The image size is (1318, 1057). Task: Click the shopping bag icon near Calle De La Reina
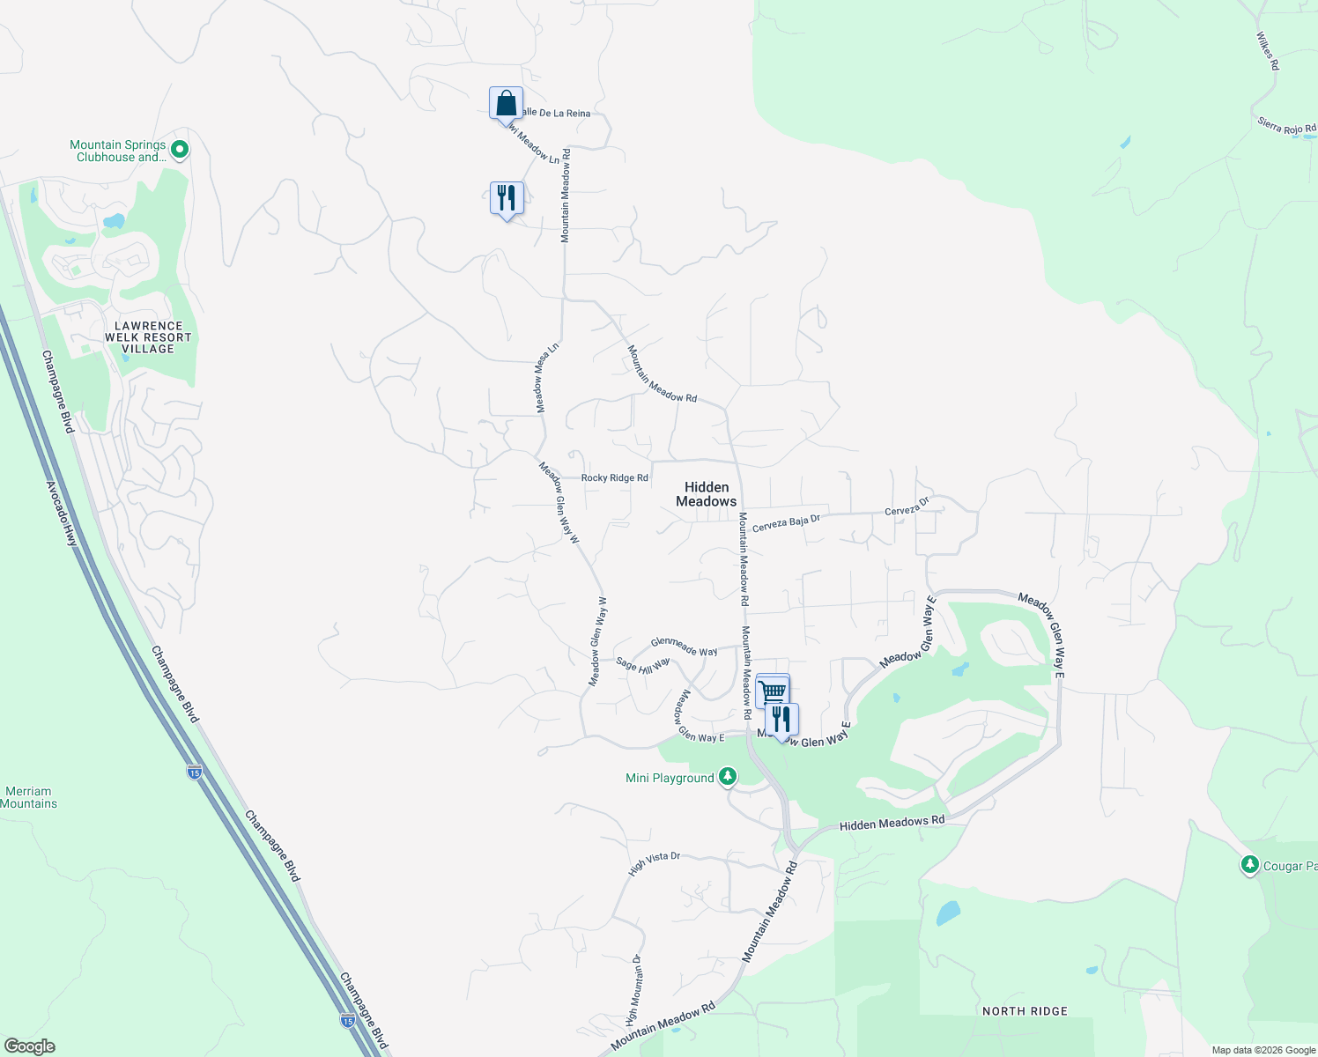[x=506, y=103]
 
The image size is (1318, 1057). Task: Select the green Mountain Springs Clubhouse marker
[x=180, y=150]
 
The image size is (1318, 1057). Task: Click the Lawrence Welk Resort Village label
[x=148, y=337]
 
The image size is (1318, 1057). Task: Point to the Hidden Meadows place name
[x=707, y=494]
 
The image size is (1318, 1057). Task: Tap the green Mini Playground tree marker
[x=727, y=776]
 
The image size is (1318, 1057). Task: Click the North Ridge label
[x=1025, y=1011]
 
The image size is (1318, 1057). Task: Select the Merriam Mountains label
[x=28, y=797]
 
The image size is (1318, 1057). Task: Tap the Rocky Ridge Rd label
[x=615, y=477]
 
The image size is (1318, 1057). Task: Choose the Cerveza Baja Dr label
[x=786, y=523]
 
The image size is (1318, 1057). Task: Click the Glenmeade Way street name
[x=684, y=647]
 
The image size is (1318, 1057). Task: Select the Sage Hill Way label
[x=643, y=665]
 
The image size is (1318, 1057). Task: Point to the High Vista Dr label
[x=655, y=862]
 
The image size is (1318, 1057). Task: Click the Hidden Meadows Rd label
[x=892, y=823]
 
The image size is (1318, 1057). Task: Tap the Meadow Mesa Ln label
[x=547, y=377]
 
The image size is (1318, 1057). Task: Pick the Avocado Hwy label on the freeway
[x=63, y=513]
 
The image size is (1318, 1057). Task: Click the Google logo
[x=29, y=1046]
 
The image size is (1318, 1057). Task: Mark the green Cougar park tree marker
[x=1249, y=864]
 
